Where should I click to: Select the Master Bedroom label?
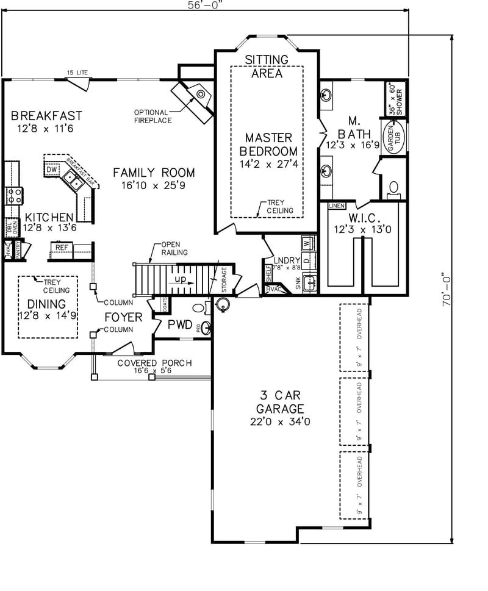[x=269, y=145]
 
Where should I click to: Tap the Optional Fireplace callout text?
[x=152, y=116]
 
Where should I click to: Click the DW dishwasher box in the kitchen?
[x=52, y=169]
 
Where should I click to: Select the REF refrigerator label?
[x=62, y=248]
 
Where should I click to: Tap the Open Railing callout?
[x=173, y=248]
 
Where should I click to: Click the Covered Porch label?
[x=154, y=364]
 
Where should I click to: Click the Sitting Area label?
[x=267, y=66]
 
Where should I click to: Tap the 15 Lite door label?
[x=77, y=73]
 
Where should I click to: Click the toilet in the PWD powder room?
[x=199, y=307]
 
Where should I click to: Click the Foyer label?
[x=123, y=317]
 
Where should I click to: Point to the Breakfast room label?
[x=46, y=116]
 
